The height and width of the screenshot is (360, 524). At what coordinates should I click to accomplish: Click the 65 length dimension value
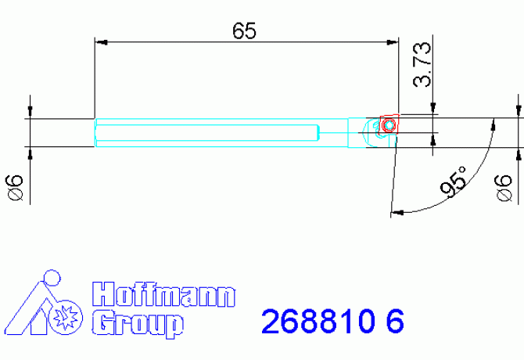(x=244, y=31)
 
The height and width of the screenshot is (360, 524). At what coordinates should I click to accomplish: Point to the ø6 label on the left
(x=13, y=189)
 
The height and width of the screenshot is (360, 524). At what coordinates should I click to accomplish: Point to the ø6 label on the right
(x=505, y=189)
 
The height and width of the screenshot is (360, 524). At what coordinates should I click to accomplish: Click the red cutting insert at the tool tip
(x=389, y=124)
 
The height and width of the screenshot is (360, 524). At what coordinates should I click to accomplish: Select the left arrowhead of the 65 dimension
(x=100, y=43)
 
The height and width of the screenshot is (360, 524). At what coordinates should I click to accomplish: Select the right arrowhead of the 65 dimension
(x=393, y=43)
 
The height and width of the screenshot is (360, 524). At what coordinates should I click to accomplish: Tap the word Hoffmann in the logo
(x=163, y=295)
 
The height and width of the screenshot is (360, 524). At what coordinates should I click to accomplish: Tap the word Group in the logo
(x=138, y=322)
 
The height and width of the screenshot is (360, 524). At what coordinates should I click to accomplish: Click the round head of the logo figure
(x=52, y=277)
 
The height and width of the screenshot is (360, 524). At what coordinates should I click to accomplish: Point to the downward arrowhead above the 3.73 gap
(x=432, y=110)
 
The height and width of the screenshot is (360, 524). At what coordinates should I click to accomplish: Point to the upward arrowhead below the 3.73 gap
(x=432, y=139)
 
